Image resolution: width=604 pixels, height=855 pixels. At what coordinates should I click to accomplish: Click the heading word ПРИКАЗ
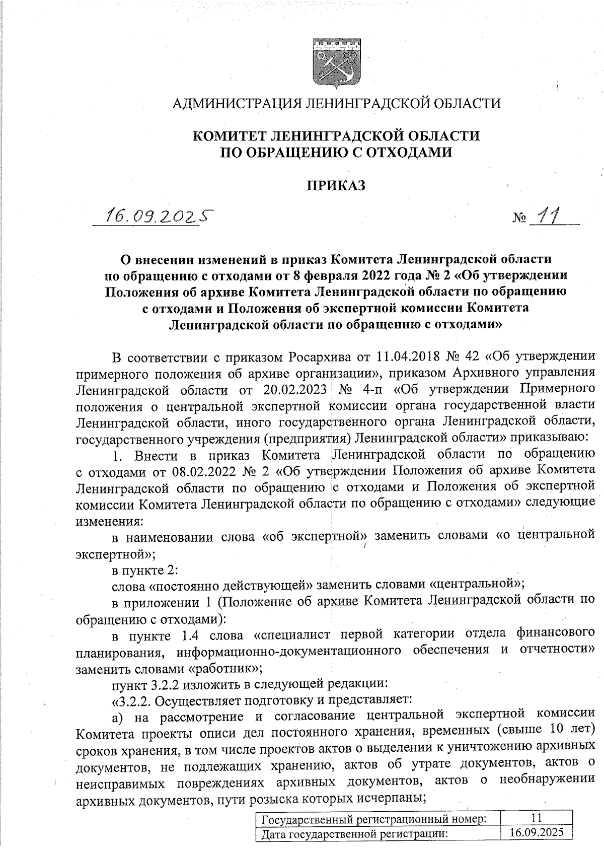click(x=336, y=186)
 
